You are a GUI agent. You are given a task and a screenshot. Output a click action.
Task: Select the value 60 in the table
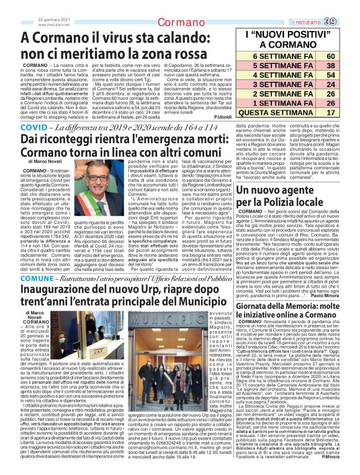coord(340,56)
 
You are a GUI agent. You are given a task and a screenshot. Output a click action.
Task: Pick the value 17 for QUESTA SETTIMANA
coord(340,112)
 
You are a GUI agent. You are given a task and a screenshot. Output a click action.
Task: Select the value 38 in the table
coord(340,65)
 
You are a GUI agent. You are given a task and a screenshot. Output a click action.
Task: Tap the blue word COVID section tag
coord(34,127)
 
